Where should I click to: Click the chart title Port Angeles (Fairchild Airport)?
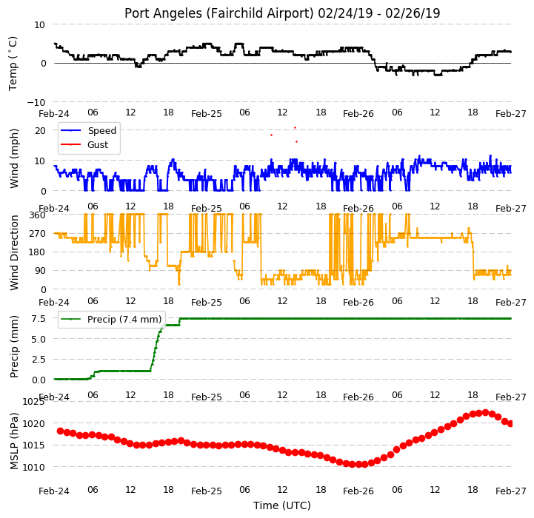coord(218,13)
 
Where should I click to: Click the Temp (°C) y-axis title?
coord(13,64)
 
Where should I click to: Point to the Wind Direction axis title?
coord(14,252)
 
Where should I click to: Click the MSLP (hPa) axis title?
coord(14,441)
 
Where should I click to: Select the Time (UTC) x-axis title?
coord(282,505)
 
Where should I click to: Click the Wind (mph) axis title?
coord(14,158)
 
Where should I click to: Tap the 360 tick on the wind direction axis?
coord(38,215)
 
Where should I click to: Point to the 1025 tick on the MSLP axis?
coord(33,402)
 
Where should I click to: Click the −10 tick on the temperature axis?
coord(36,102)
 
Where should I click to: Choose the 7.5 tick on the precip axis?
coord(39,318)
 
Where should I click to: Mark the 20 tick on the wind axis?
coord(40,130)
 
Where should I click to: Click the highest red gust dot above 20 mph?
coord(295,127)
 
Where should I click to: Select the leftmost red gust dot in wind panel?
coord(271,135)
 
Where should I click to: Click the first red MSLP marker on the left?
coord(60,431)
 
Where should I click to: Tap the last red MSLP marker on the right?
coord(510,424)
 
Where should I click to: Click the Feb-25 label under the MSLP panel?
coord(207,491)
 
